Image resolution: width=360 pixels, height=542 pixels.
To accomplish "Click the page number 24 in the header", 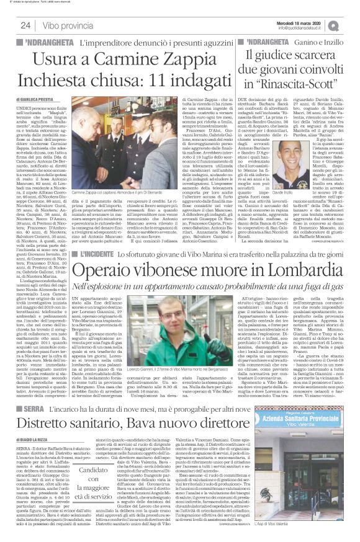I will (25, 25).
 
